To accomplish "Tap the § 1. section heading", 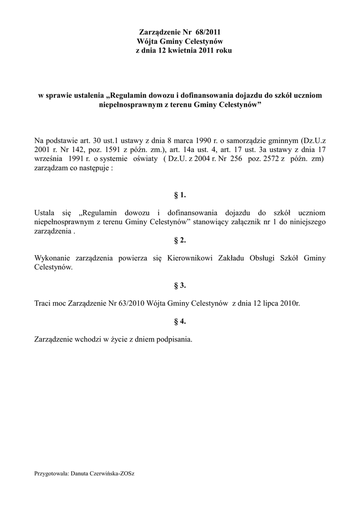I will [x=180, y=195].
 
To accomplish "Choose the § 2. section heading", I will [x=180, y=240].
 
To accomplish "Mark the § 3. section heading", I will [x=180, y=285].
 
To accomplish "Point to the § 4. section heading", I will [x=180, y=321].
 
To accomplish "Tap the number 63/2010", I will [x=131, y=303].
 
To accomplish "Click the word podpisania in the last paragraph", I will [x=175, y=339].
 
